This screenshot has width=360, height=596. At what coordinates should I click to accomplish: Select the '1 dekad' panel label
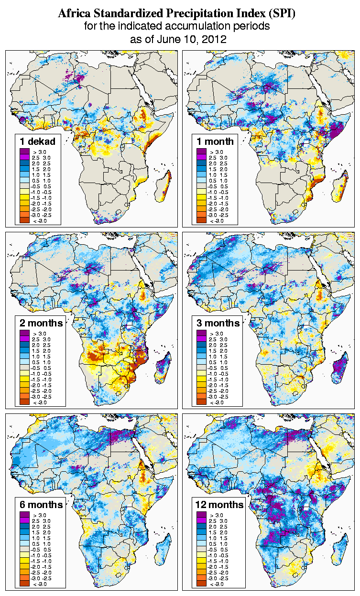[38, 141]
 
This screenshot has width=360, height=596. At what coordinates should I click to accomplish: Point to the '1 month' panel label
[215, 141]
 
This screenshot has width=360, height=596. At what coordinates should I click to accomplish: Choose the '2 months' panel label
[41, 323]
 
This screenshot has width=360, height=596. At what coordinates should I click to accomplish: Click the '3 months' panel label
[218, 323]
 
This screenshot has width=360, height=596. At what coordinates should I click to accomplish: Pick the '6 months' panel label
[41, 505]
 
